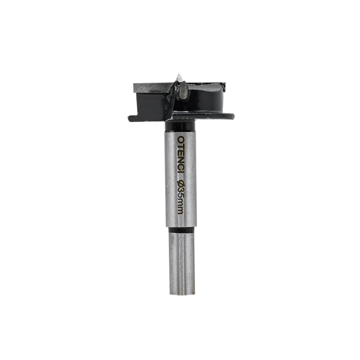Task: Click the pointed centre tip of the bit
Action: (179, 74)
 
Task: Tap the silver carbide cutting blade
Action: (153, 88)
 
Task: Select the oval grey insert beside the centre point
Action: (183, 91)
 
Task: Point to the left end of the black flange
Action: (129, 118)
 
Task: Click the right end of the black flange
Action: (234, 116)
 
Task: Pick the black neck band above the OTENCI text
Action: (180, 126)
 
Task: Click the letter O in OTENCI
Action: (181, 140)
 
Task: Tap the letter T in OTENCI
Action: (181, 146)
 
